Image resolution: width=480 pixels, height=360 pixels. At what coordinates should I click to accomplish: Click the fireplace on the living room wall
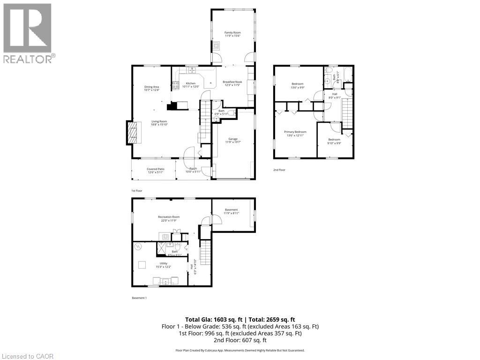click(132, 133)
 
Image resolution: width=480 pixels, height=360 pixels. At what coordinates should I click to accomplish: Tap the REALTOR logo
click(28, 33)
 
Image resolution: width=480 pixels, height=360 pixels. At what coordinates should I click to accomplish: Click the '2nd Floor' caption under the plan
click(279, 170)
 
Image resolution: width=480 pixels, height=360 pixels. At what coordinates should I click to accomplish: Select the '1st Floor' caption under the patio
click(136, 191)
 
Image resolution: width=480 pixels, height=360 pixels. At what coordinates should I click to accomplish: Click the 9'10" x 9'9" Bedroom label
click(334, 141)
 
